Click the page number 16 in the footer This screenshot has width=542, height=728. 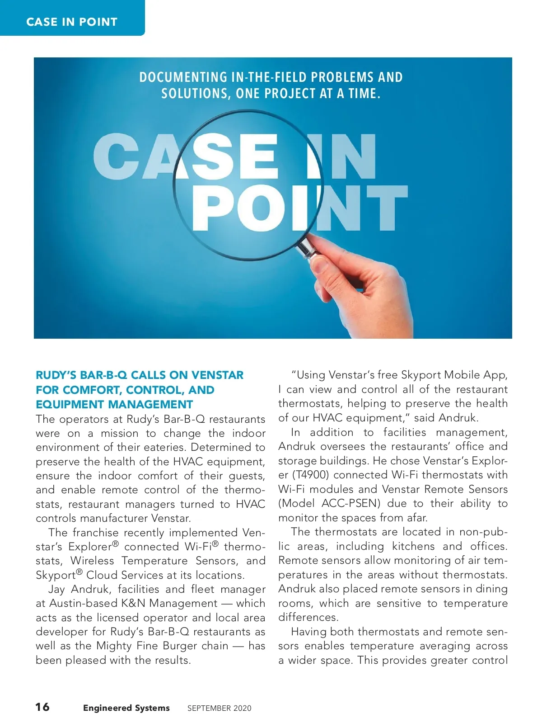(42, 707)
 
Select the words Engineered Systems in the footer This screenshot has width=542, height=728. (126, 708)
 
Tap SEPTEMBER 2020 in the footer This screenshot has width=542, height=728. (219, 709)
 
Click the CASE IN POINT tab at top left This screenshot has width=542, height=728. (72, 21)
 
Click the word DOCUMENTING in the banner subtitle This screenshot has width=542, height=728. (183, 77)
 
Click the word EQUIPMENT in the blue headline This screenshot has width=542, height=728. (65, 404)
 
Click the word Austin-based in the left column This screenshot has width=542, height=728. (83, 604)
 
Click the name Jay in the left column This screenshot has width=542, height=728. (56, 589)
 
